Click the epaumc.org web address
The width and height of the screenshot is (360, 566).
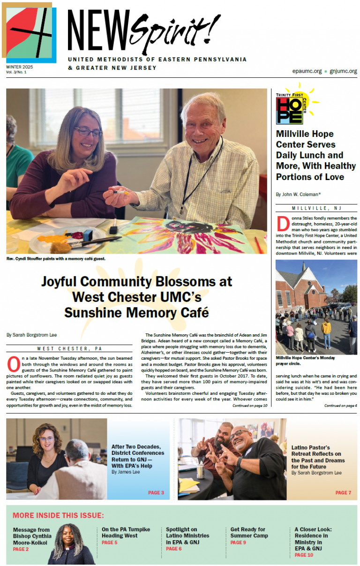(307, 71)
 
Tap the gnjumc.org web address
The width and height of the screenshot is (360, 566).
(343, 71)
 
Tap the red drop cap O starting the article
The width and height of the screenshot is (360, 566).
(13, 363)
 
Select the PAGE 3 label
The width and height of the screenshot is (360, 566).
(156, 493)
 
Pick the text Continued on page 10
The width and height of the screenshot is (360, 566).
(250, 406)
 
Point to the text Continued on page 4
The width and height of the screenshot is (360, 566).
(340, 406)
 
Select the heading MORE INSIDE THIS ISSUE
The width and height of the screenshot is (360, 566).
(58, 515)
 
